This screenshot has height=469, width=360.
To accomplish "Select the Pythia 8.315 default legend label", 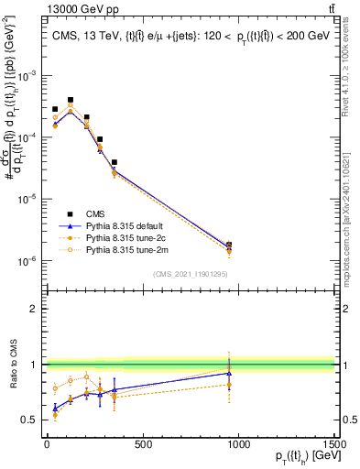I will [132, 224].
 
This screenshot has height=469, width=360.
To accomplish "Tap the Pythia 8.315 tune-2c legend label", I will [132, 236].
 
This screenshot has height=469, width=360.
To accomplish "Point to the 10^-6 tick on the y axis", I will [29, 260].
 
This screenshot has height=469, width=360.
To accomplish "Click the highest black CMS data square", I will [71, 100].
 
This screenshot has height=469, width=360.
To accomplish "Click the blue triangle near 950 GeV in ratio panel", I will [229, 373].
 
